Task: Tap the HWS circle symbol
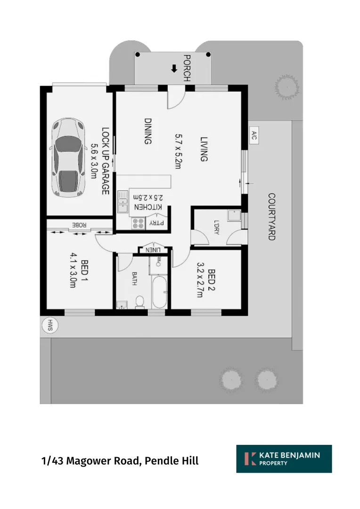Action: pyautogui.click(x=49, y=325)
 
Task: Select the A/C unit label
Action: pyautogui.click(x=254, y=136)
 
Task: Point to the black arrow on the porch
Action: pyautogui.click(x=174, y=69)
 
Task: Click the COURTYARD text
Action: pyautogui.click(x=271, y=217)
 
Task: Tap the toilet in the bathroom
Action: pyautogui.click(x=140, y=302)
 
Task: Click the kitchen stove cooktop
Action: pyautogui.click(x=139, y=223)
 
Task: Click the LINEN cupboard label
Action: pyautogui.click(x=154, y=249)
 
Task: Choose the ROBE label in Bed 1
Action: pyautogui.click(x=79, y=225)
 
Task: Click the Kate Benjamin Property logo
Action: pyautogui.click(x=284, y=459)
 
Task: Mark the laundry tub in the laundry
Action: pyautogui.click(x=234, y=216)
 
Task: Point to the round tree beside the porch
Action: pyautogui.click(x=286, y=86)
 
